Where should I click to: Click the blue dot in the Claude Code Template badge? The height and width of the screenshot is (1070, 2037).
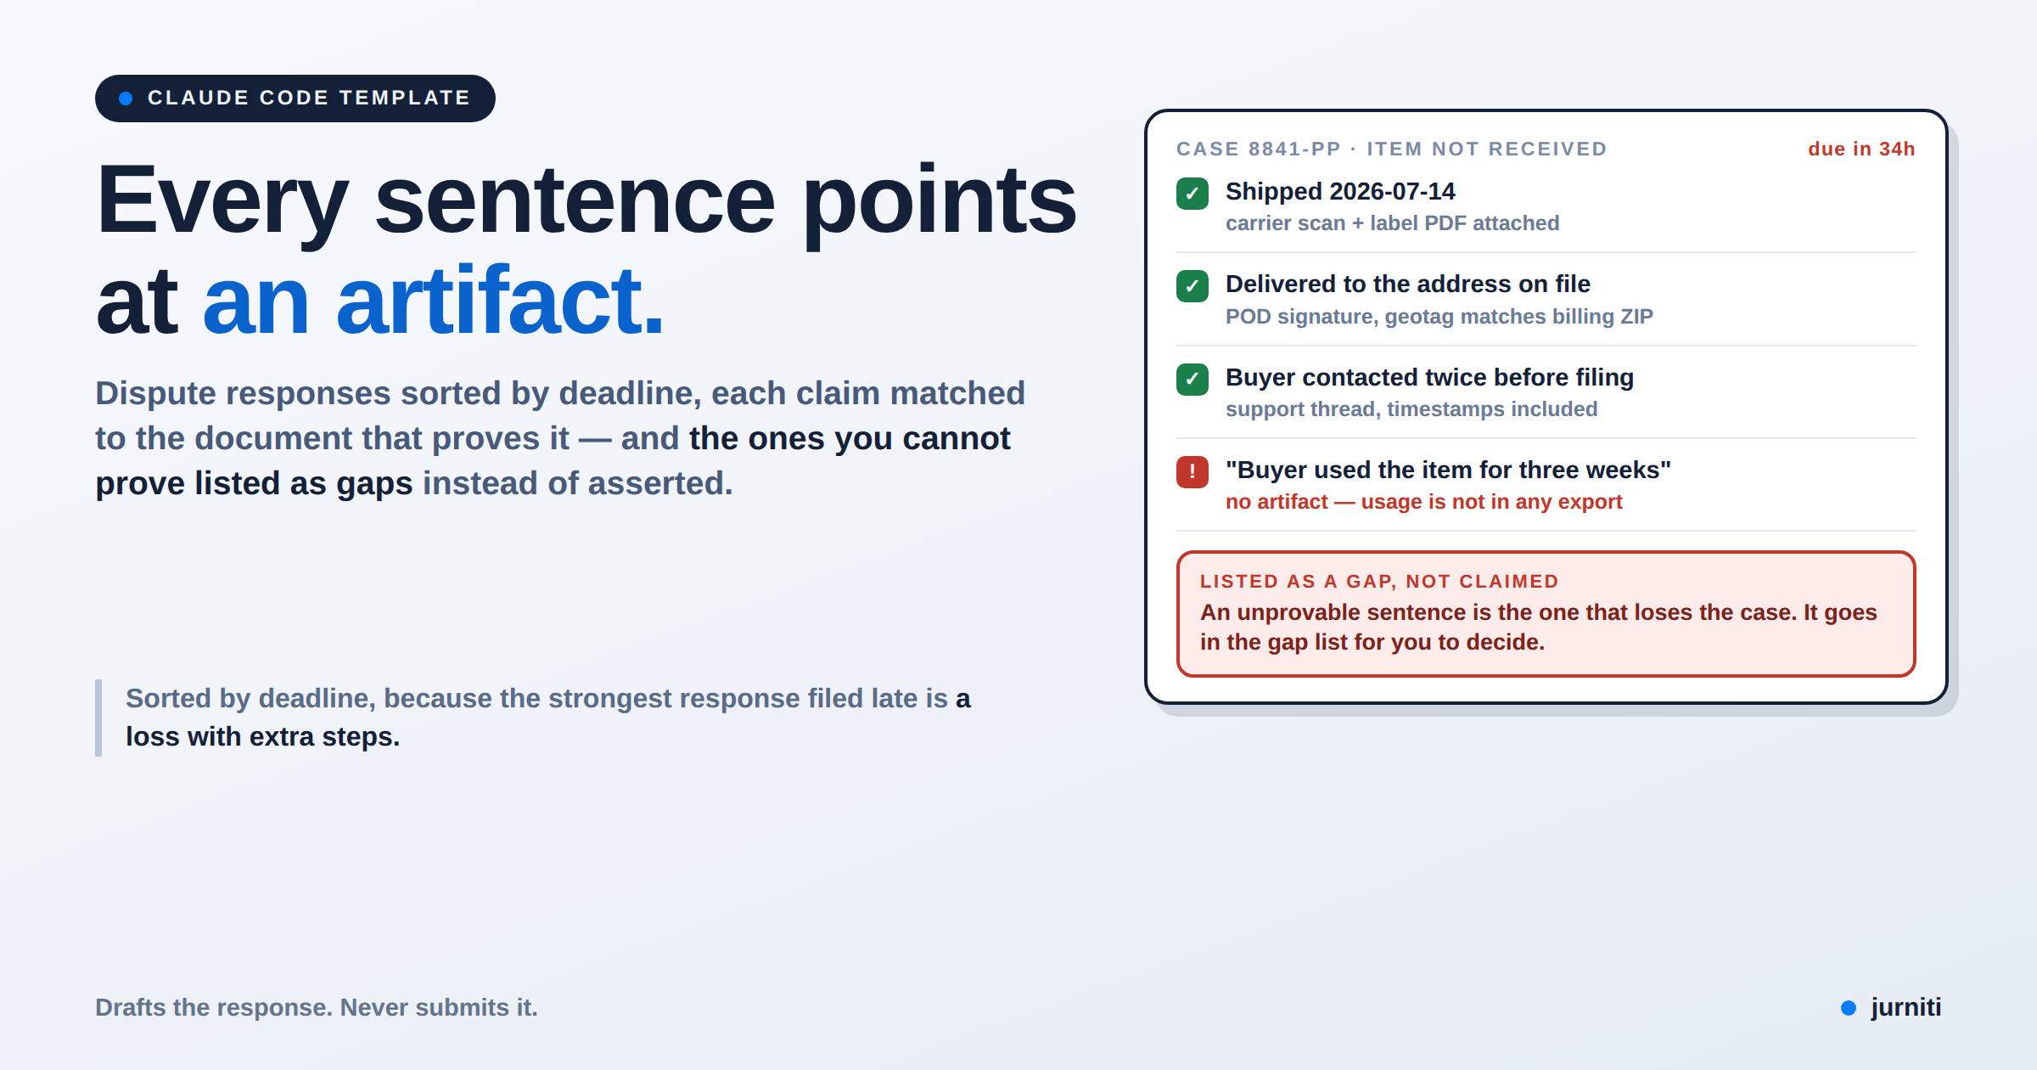[126, 99]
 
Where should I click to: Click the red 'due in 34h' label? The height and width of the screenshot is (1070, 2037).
[1861, 149]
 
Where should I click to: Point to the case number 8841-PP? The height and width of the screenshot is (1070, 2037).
[1294, 149]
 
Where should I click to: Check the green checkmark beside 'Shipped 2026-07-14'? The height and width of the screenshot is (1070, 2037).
[1192, 194]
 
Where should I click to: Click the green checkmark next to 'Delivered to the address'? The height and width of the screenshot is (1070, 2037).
[1192, 286]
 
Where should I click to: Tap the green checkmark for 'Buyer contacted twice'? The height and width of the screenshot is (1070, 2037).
[1192, 379]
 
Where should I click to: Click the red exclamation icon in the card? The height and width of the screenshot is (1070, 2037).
[1192, 471]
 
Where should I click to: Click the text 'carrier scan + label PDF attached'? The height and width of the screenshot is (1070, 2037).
[1392, 223]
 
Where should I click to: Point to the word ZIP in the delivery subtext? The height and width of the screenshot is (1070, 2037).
[1636, 317]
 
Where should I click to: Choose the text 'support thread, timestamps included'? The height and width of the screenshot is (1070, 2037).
[1411, 409]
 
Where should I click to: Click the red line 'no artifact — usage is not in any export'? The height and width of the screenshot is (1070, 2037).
[1423, 502]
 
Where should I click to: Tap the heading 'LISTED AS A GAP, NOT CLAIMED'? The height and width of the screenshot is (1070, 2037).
[1379, 582]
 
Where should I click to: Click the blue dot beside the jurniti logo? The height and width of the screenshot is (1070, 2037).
[1849, 1008]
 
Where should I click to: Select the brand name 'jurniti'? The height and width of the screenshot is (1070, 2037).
[1905, 1007]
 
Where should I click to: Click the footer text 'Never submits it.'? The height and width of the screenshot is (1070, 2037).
[439, 1008]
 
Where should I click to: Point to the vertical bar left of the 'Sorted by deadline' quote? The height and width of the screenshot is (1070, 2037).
[98, 718]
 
